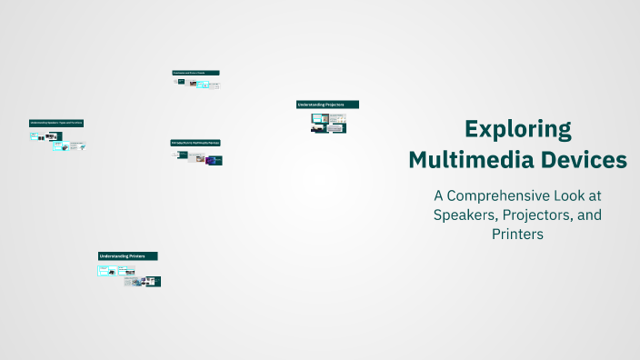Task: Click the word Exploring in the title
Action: click(x=517, y=129)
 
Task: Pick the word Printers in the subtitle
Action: click(x=517, y=234)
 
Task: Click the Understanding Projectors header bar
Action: click(x=327, y=105)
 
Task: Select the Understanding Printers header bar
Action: click(x=127, y=256)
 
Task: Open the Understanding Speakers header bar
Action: click(x=56, y=122)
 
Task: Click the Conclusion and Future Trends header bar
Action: click(x=195, y=72)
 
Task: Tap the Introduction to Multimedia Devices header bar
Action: click(x=195, y=143)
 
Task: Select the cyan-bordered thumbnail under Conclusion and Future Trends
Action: click(x=203, y=85)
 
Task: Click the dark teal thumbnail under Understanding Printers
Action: click(x=153, y=282)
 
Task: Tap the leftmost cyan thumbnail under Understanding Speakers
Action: click(x=35, y=136)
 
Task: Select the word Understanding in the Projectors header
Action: click(x=312, y=105)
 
